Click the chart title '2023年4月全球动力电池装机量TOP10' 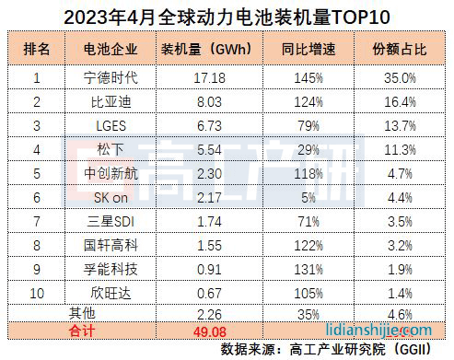click(227, 16)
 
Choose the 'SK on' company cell click(108, 196)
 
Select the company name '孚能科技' click(108, 270)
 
